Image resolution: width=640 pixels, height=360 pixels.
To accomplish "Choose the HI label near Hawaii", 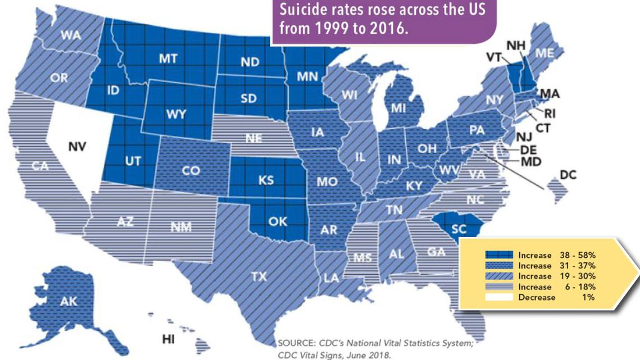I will point(167,339).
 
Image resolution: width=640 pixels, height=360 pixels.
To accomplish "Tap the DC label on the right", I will point(568,175).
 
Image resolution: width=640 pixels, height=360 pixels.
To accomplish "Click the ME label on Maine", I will point(543,53).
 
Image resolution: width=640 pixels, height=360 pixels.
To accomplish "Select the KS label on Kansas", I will point(266,181).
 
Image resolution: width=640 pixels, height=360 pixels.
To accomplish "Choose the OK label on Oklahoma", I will point(277,221).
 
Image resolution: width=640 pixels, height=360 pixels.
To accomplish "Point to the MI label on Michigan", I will point(399,107).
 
